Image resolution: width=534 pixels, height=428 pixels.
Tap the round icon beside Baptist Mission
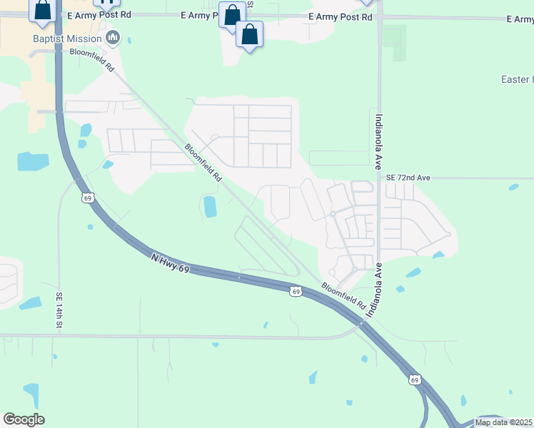tap(111, 36)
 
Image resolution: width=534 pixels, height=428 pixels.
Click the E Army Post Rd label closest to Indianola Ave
tap(341, 16)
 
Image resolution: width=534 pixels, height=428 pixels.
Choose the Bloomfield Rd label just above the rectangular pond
tap(202, 163)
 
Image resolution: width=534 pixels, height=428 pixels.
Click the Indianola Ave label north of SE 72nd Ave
tap(379, 141)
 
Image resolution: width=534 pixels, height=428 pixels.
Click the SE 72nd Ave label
tap(408, 176)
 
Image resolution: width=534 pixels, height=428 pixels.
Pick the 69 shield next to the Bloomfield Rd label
tap(296, 291)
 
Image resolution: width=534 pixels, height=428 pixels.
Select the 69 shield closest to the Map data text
tap(414, 380)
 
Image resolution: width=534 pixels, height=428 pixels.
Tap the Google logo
tap(24, 419)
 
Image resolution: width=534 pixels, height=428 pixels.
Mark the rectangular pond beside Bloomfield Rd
tap(210, 207)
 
